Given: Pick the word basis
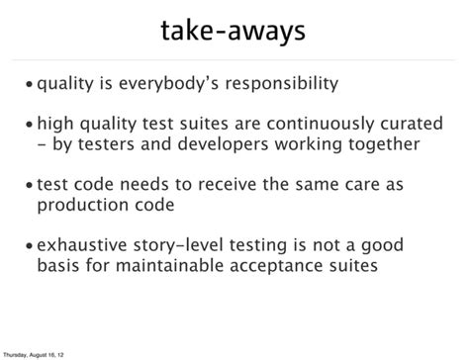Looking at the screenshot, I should [x=58, y=268].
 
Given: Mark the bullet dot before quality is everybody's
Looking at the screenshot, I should [x=31, y=85].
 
